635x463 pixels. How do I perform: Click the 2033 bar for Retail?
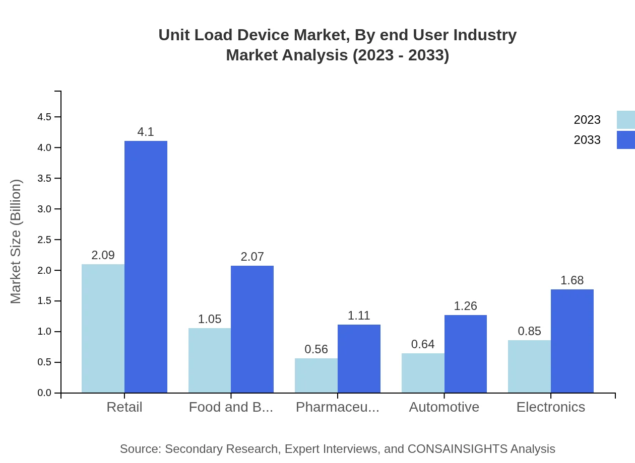146,267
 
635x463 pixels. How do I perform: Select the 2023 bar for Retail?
103,328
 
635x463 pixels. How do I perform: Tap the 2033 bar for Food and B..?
252,329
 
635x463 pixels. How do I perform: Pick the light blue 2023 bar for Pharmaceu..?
316,375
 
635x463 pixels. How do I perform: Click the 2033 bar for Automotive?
466,354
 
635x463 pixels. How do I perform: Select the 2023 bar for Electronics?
529,366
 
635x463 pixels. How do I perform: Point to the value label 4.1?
146,132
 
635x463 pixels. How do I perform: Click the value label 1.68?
572,280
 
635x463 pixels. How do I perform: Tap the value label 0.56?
316,349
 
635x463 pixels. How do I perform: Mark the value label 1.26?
465,306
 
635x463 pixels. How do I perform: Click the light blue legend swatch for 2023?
625,120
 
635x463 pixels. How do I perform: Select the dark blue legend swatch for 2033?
625,140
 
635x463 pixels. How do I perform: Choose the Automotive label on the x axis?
444,407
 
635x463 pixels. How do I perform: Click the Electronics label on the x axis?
550,407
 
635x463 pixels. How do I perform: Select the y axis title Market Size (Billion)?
16,242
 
